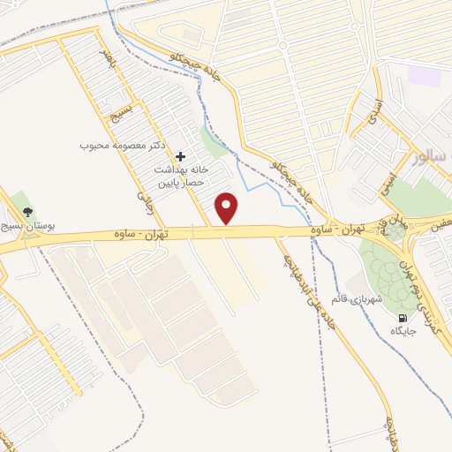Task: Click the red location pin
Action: [228, 207]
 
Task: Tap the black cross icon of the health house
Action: [181, 155]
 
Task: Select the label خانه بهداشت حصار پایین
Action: [181, 175]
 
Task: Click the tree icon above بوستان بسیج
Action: [27, 212]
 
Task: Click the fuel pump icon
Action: [403, 318]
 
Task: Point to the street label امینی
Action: [388, 180]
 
